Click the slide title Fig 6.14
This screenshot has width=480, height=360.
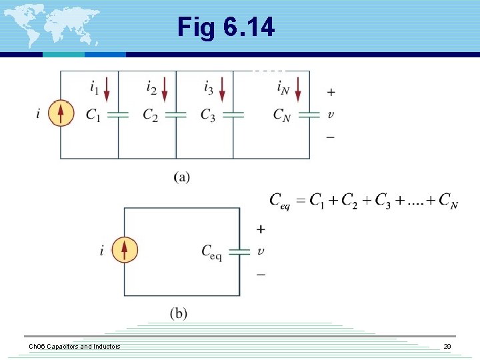[225, 27]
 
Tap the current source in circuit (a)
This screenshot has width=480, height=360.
[61, 113]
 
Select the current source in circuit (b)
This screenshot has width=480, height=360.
[124, 250]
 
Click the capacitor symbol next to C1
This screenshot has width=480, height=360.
[118, 115]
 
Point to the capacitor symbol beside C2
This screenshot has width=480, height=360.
[175, 115]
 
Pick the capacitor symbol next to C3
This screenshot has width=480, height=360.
[233, 115]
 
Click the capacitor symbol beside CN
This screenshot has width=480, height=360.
[309, 115]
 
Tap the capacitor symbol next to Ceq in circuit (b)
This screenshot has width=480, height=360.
[239, 251]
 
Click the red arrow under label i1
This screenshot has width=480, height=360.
[107, 89]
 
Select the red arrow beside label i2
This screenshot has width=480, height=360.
[164, 89]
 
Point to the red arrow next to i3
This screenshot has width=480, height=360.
[221, 89]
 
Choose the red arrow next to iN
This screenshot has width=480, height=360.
[297, 89]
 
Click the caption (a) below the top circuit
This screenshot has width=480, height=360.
[181, 177]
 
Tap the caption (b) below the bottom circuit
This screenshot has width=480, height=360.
[178, 313]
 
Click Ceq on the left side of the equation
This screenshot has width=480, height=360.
[279, 200]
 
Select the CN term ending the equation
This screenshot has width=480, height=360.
[449, 200]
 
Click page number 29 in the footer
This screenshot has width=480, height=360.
[447, 347]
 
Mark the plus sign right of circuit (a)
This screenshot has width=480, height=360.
[331, 92]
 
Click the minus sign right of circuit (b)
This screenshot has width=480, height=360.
[261, 274]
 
